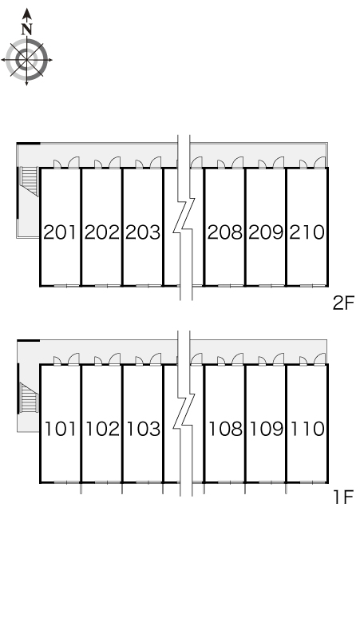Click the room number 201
[x=60, y=232]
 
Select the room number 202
[x=101, y=232]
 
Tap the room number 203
[x=143, y=232]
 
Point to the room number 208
[x=225, y=232]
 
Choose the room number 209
[x=266, y=232]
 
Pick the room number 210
[x=307, y=232]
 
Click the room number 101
[x=60, y=429]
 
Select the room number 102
[x=102, y=429]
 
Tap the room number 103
[x=143, y=429]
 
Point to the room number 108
[x=225, y=429]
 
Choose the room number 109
[x=267, y=429]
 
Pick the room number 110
[x=307, y=429]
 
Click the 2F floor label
[x=343, y=303]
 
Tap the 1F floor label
[x=343, y=497]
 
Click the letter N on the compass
[x=27, y=30]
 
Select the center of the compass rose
[x=26, y=60]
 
